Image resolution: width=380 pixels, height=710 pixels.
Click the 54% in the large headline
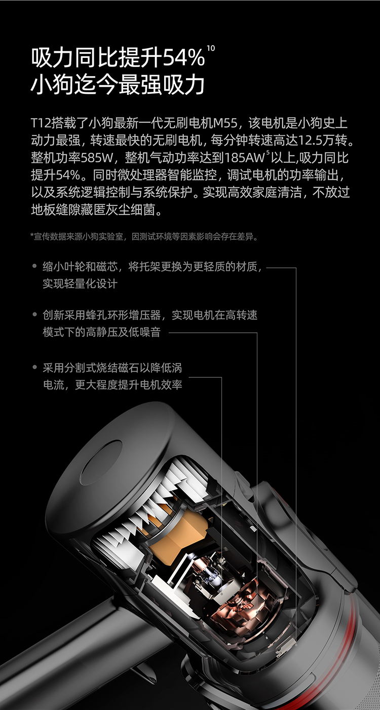[x=183, y=57]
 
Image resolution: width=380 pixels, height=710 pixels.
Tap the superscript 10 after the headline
[x=211, y=49]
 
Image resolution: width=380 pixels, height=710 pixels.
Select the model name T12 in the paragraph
[x=41, y=123]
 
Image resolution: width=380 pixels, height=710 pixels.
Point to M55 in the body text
[x=225, y=123]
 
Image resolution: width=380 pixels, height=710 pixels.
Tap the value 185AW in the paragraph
[x=244, y=158]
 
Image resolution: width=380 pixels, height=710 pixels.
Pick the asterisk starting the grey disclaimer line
[x=32, y=235]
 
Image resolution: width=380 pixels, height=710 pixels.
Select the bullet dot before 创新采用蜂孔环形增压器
[x=35, y=314]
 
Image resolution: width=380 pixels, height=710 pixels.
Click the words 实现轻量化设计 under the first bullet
[x=80, y=283]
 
